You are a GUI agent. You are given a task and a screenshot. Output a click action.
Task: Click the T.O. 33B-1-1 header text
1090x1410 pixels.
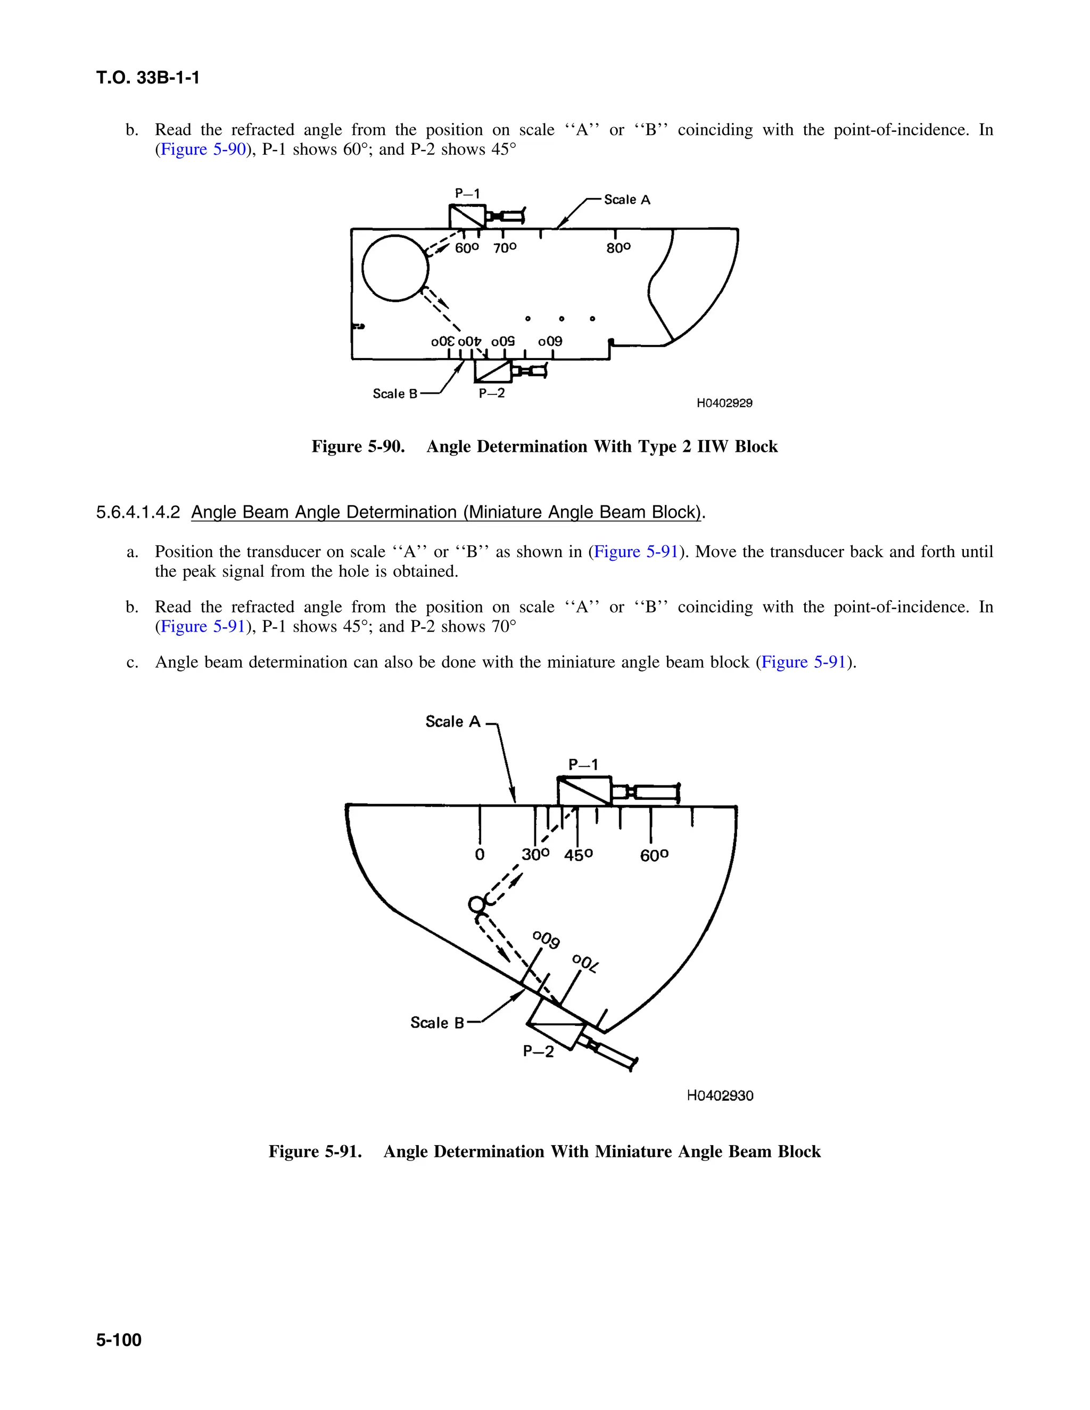tap(148, 78)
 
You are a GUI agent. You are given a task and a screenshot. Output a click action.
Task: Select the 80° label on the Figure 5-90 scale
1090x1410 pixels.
tap(618, 248)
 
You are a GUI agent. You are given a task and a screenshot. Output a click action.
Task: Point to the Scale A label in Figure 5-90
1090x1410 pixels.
tap(626, 200)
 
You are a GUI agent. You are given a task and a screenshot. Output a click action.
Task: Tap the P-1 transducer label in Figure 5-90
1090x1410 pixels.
tap(467, 194)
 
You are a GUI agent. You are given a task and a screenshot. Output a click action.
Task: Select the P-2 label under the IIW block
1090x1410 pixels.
tap(491, 393)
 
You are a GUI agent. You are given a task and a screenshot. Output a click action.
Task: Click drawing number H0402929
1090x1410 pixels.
tap(724, 403)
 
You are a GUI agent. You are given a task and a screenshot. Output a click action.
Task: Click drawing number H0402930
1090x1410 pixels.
tap(720, 1096)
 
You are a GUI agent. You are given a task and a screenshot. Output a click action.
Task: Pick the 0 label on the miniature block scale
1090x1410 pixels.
tap(479, 855)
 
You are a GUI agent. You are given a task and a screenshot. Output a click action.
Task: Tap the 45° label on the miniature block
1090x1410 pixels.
tap(578, 856)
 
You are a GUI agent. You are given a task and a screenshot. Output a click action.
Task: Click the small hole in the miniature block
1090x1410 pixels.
tap(476, 905)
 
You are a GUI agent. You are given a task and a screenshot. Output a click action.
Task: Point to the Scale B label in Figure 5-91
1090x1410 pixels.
tap(437, 1023)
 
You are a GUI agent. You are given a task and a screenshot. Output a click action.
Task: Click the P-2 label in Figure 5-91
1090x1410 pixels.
tap(538, 1052)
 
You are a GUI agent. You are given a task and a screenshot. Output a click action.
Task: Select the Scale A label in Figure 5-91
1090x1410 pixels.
tap(453, 722)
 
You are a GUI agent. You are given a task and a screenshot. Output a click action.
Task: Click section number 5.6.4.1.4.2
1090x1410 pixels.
tap(137, 512)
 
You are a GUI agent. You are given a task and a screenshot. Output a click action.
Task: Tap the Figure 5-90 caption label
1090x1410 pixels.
tap(358, 447)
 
